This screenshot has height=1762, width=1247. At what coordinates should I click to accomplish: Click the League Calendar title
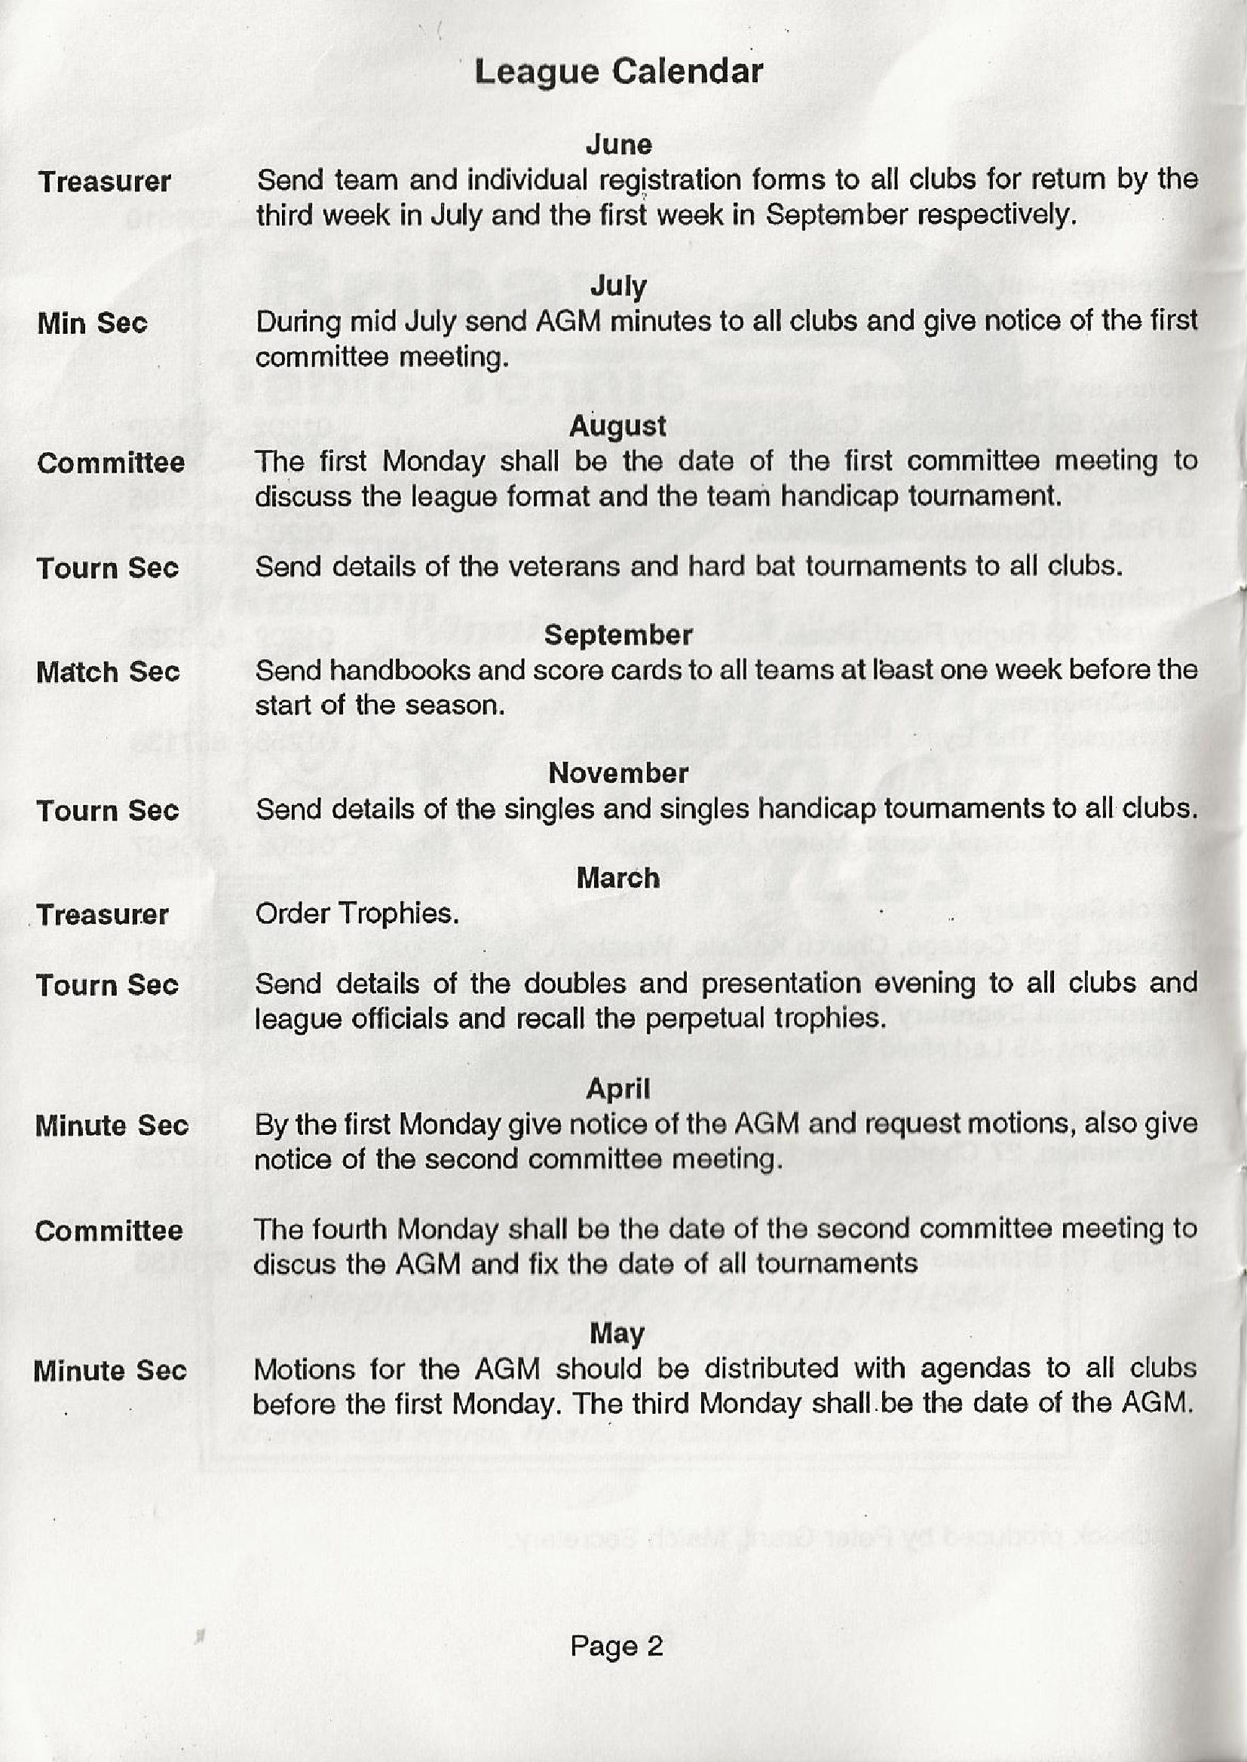pos(618,72)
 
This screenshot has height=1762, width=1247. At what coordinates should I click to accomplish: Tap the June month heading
pos(618,144)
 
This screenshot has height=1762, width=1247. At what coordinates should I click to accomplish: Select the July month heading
pos(618,286)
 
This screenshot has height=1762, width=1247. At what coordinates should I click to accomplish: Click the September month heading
pos(618,635)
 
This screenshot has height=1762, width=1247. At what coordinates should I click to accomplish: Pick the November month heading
pos(618,773)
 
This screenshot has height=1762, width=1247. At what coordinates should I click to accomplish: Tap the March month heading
pos(618,878)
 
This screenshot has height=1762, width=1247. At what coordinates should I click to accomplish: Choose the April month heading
pos(618,1088)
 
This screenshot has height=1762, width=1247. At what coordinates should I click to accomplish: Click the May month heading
pos(617,1335)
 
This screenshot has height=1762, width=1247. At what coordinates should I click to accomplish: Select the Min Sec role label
pos(92,323)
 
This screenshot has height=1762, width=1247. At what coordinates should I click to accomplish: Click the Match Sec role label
pos(108,672)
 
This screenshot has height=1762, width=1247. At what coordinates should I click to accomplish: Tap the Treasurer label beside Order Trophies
pos(102,915)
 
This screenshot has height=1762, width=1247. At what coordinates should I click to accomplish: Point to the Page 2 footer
pos(617,1647)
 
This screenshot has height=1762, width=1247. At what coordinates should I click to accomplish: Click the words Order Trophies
pos(357,913)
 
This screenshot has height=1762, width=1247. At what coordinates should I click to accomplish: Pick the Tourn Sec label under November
pos(108,810)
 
